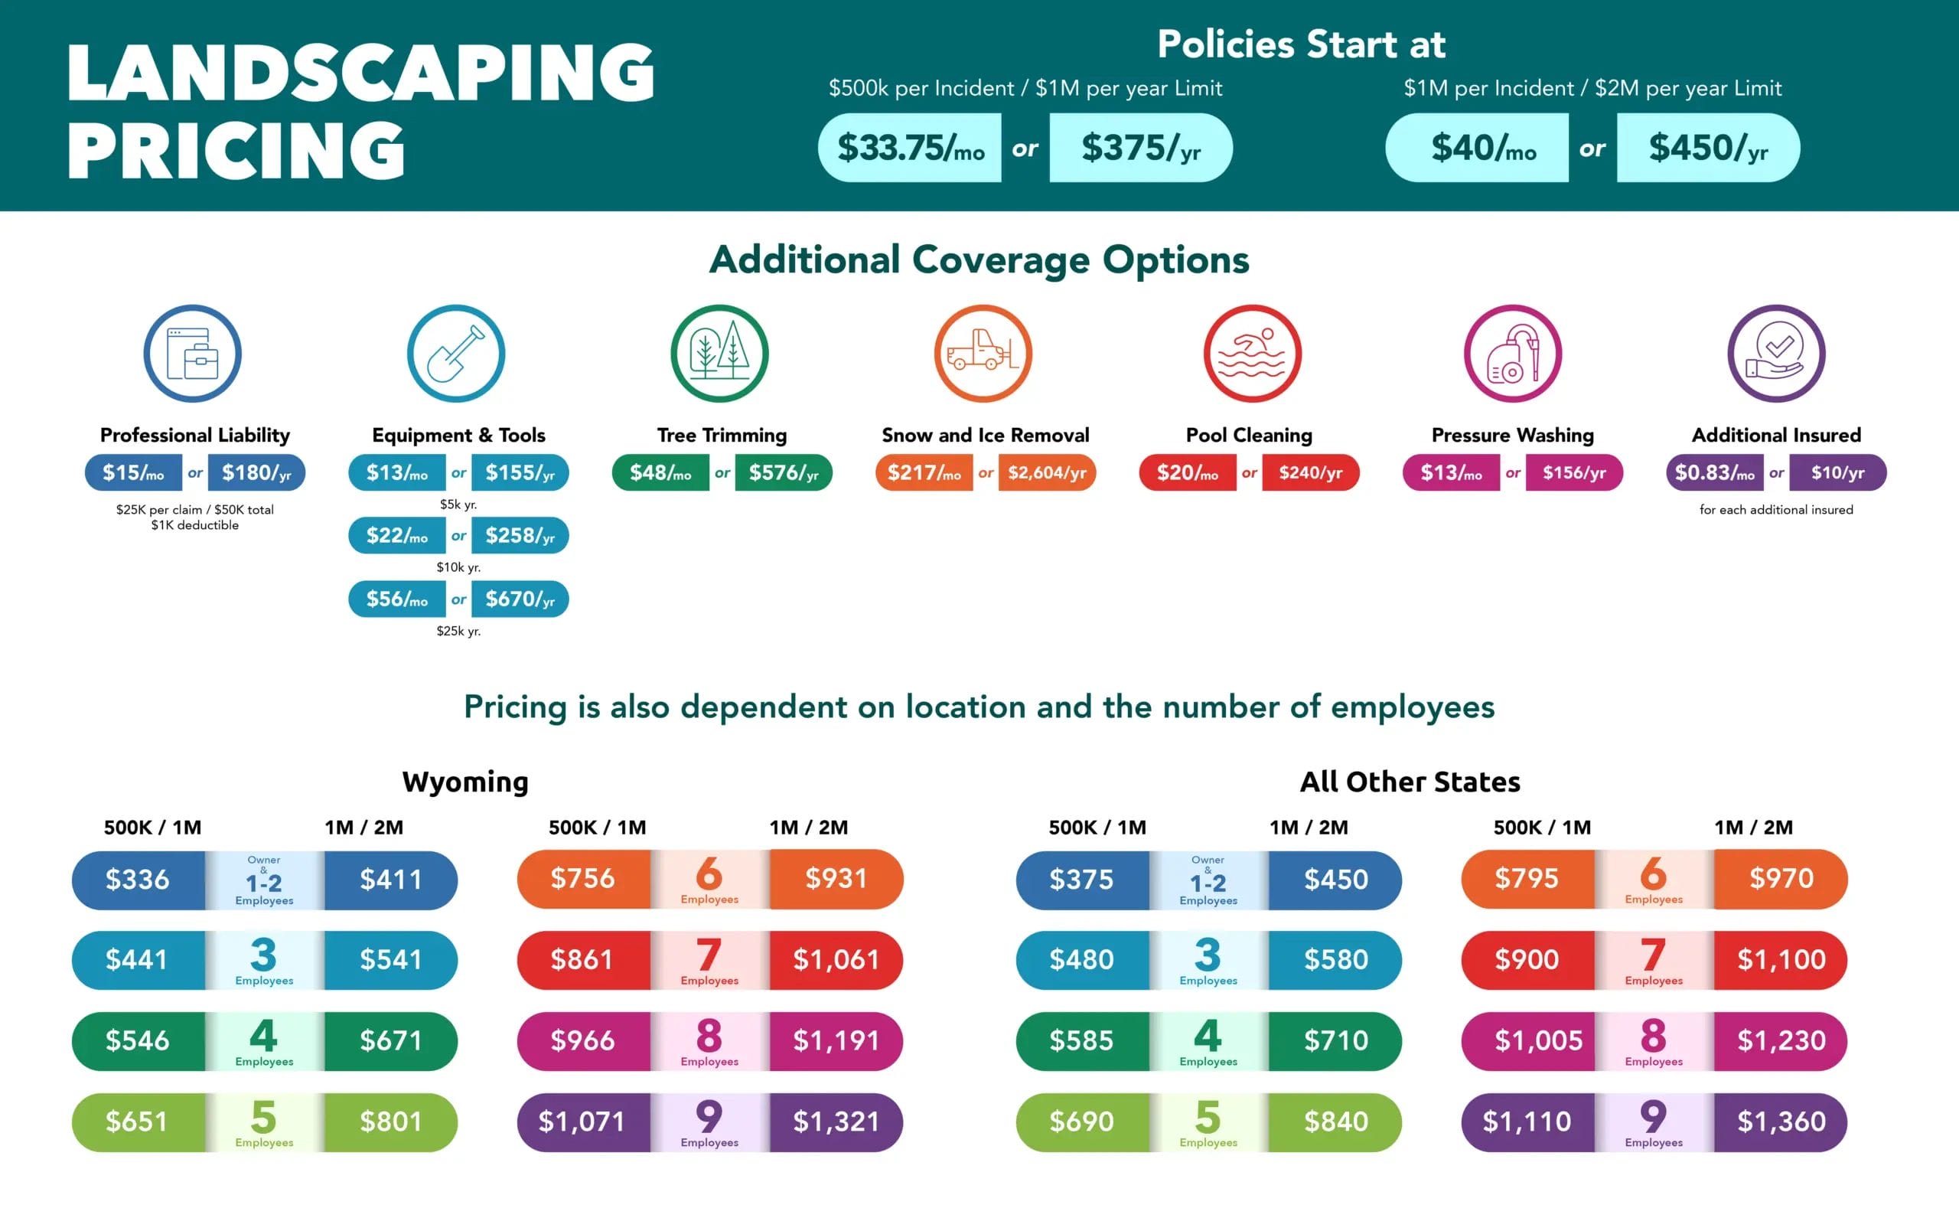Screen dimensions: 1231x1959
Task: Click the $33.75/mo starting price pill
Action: (x=910, y=148)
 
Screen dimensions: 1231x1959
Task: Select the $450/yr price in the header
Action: (x=1707, y=148)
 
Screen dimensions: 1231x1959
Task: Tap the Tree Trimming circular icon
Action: (x=719, y=354)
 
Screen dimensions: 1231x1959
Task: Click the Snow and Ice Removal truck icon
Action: (x=983, y=354)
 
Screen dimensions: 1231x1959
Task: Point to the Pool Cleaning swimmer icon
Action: (x=1252, y=354)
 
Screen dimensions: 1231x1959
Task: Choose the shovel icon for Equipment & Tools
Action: (x=455, y=354)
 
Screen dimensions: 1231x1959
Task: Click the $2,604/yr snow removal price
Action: (x=1046, y=472)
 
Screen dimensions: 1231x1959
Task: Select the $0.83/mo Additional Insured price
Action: (x=1714, y=472)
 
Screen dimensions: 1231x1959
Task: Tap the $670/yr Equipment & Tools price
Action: (x=520, y=599)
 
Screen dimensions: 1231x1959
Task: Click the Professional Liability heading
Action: (x=194, y=436)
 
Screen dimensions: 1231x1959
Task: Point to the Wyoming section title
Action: (x=465, y=782)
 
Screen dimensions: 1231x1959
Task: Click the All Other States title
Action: (x=1410, y=782)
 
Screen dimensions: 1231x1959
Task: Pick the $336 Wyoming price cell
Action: (x=138, y=880)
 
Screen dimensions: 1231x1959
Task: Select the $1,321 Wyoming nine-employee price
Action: (x=836, y=1122)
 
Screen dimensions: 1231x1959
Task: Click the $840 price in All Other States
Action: (x=1336, y=1122)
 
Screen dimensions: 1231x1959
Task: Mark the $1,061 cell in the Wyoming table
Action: (x=836, y=960)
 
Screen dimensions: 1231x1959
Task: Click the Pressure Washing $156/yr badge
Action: (x=1573, y=472)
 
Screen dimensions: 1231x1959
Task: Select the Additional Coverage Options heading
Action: (x=979, y=260)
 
